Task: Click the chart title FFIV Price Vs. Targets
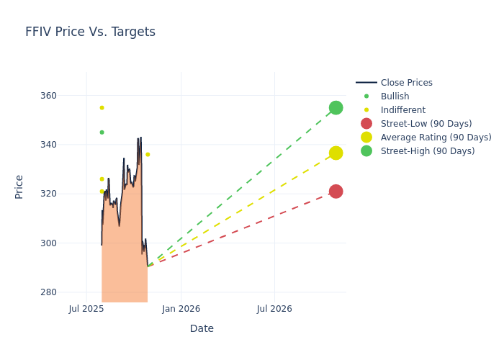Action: [x=90, y=32]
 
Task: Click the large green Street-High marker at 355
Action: [x=336, y=108]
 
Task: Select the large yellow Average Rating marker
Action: [x=336, y=153]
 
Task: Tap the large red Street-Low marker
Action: [x=336, y=192]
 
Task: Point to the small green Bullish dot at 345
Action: [x=102, y=132]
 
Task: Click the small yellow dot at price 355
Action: [x=102, y=108]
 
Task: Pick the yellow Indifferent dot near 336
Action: [x=148, y=154]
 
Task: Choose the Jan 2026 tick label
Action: [x=181, y=309]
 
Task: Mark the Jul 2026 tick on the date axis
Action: [x=274, y=309]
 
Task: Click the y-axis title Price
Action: [x=19, y=186]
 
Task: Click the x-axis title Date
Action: [x=202, y=328]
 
